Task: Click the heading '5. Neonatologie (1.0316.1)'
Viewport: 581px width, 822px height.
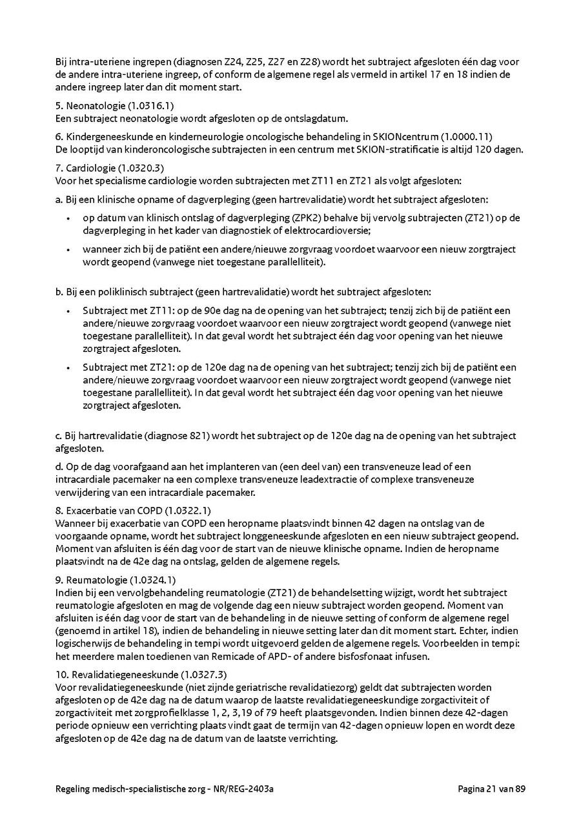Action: tap(114, 105)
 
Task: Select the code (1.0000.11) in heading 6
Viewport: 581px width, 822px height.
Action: tap(467, 137)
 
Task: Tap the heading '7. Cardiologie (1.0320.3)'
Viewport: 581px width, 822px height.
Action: tap(109, 169)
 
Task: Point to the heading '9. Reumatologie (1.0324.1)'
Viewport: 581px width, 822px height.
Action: tap(116, 580)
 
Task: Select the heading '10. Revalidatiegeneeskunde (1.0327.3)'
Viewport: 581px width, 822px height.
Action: tap(141, 675)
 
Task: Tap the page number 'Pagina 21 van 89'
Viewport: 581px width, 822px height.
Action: tap(492, 788)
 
